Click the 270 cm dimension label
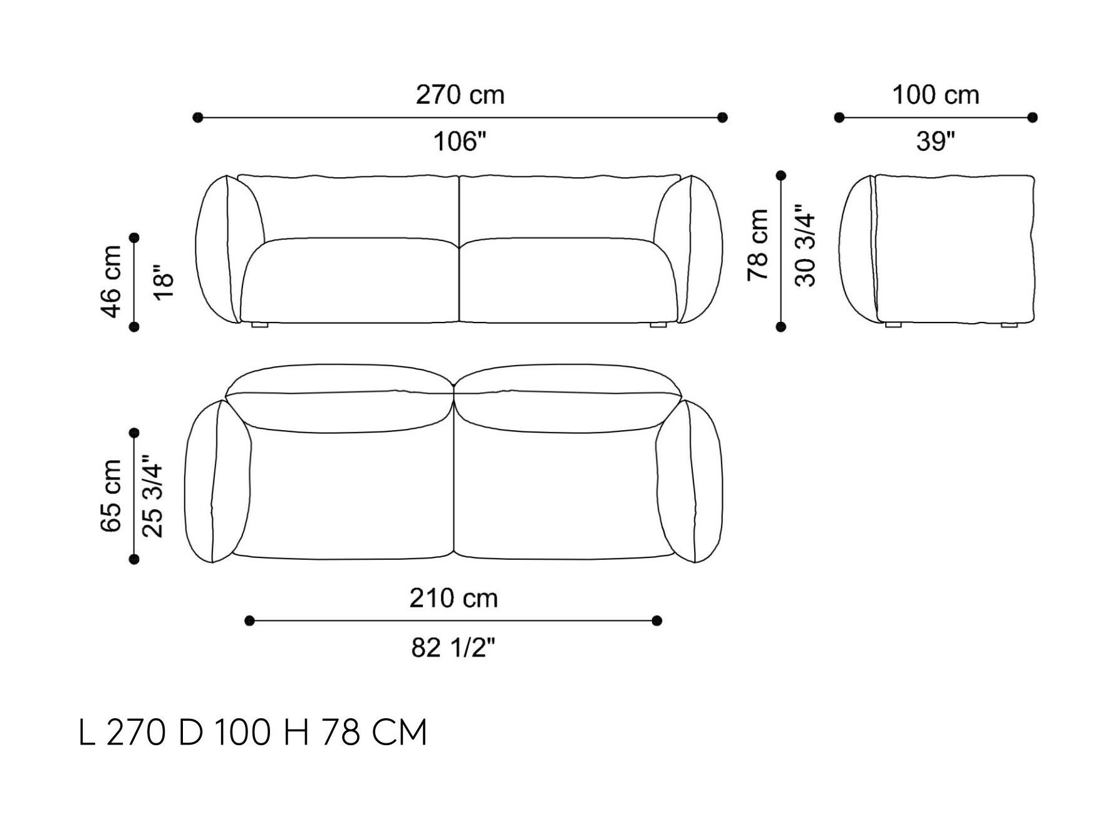[x=460, y=95]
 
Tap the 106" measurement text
[x=460, y=142]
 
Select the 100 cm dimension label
[x=935, y=95]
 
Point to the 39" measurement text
[x=935, y=142]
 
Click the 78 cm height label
[x=758, y=245]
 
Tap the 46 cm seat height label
[x=111, y=282]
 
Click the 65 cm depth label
[x=111, y=496]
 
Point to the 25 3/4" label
[x=152, y=496]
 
